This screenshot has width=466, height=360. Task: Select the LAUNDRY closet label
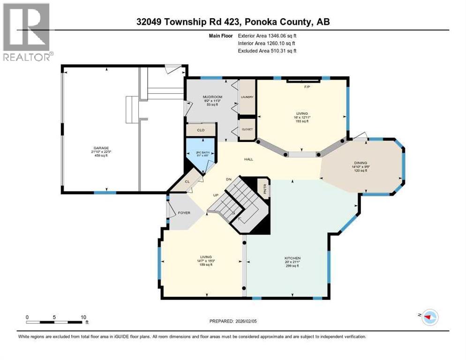[247, 97]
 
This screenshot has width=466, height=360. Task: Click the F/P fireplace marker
[308, 87]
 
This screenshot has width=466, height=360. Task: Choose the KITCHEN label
[292, 258]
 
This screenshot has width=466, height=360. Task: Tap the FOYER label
[184, 213]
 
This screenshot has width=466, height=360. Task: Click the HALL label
[248, 159]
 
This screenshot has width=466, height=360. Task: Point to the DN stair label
[229, 179]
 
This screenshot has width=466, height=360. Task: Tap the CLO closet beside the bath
[201, 130]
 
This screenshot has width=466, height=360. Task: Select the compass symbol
[429, 317]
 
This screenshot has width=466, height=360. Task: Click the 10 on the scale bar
[83, 317]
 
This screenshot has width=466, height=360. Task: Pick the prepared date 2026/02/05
[257, 321]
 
